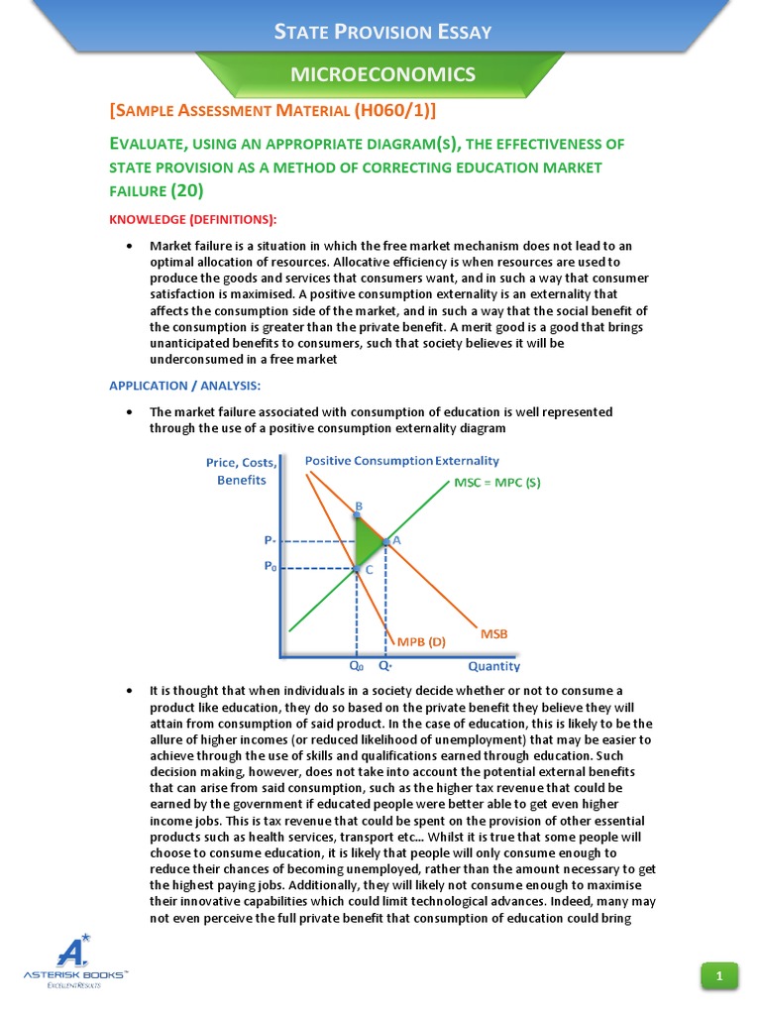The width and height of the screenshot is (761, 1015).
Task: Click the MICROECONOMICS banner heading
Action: click(x=382, y=73)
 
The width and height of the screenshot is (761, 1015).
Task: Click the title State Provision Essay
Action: click(x=382, y=32)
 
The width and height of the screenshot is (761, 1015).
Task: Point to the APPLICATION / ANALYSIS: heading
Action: click(x=183, y=385)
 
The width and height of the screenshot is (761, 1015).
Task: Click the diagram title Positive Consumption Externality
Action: click(x=401, y=461)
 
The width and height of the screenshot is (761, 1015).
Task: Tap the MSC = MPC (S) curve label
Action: click(x=496, y=484)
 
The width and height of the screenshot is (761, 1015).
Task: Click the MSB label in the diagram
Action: click(x=494, y=632)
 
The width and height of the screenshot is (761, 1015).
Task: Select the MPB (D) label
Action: click(x=421, y=641)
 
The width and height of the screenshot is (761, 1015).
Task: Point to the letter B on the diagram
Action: click(x=359, y=507)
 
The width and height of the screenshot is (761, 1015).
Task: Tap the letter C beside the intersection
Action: click(x=369, y=570)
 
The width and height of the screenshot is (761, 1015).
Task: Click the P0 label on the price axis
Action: click(x=270, y=567)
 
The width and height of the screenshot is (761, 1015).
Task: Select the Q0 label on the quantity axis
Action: click(x=356, y=667)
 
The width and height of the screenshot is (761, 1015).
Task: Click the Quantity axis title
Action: click(x=493, y=667)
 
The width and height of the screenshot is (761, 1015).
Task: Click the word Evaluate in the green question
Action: click(x=147, y=145)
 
